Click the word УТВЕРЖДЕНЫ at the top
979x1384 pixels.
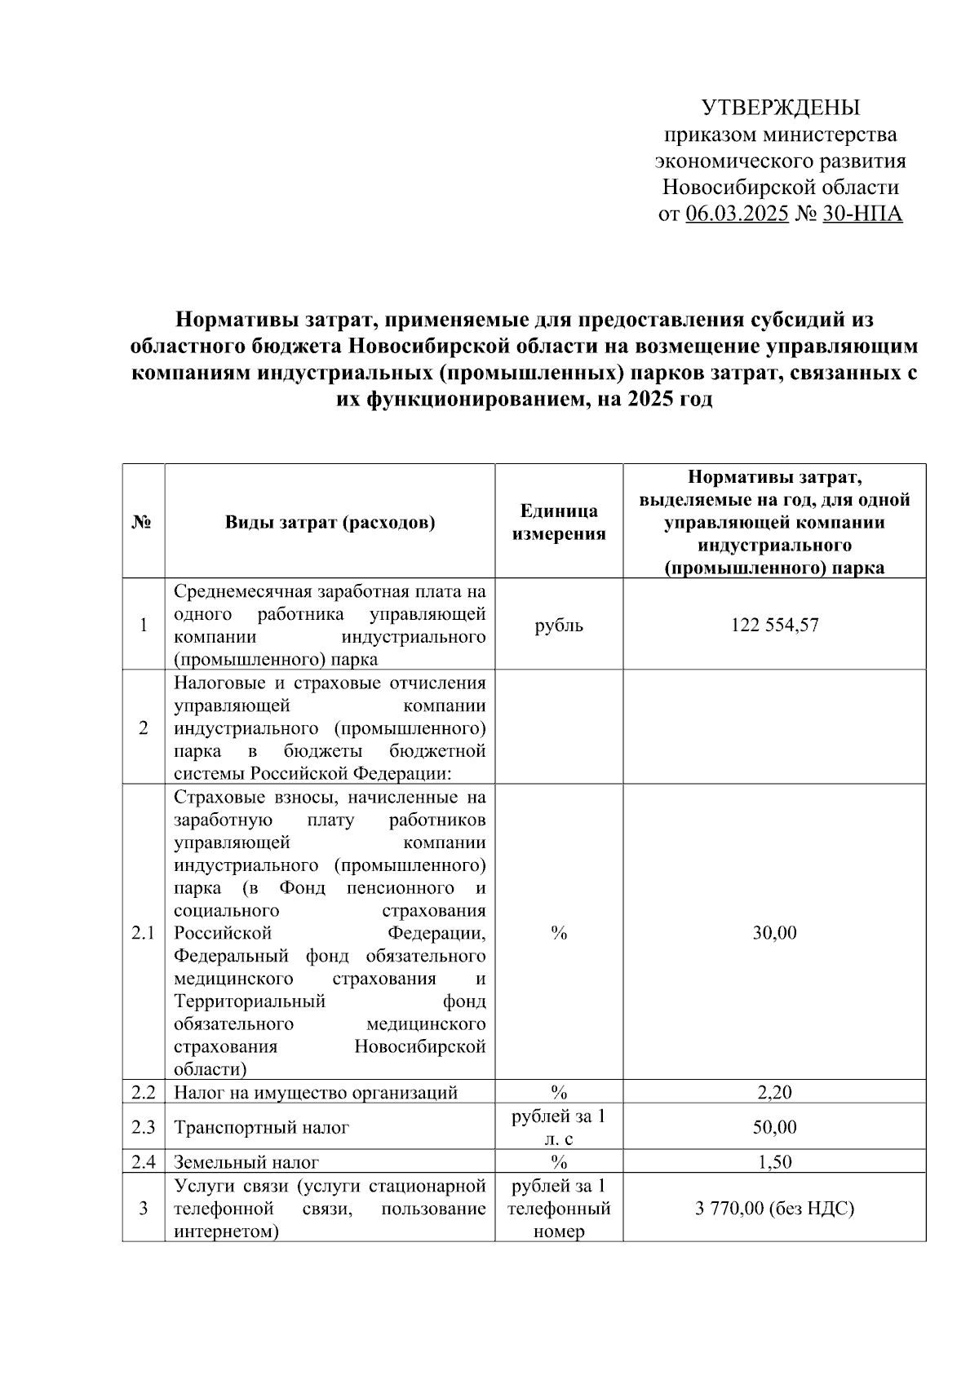[781, 108]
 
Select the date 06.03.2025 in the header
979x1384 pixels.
[737, 214]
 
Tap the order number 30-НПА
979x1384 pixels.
[862, 214]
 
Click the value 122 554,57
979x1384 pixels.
[774, 626]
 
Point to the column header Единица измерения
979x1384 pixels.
[559, 522]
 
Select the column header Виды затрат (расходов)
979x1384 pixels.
[330, 523]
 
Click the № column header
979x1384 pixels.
[144, 523]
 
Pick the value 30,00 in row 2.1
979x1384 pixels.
[774, 933]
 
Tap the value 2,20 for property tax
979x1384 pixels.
[774, 1093]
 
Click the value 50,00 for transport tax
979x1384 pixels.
[774, 1128]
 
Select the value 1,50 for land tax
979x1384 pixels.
[774, 1162]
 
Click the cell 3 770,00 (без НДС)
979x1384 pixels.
[774, 1209]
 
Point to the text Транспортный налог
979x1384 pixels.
[261, 1128]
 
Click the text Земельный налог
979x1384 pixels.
[246, 1162]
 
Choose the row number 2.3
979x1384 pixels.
[144, 1128]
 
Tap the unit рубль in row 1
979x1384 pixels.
[559, 626]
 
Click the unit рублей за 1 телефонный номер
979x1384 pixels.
[559, 1209]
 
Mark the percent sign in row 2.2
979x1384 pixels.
[559, 1093]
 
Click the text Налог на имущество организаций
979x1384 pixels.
[316, 1093]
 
